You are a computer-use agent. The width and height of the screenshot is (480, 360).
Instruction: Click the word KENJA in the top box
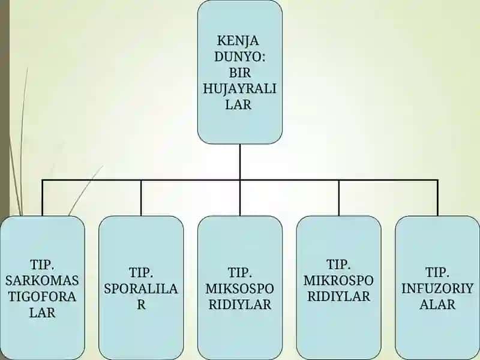(x=238, y=41)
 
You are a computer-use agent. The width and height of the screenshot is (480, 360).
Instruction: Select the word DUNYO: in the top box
(x=239, y=56)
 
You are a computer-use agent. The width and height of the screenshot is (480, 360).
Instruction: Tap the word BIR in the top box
(x=239, y=73)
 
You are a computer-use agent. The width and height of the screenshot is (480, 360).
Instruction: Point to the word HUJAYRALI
(x=239, y=89)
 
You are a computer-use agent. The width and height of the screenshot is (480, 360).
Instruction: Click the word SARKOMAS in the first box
(x=42, y=280)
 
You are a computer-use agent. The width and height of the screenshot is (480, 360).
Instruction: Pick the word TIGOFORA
(x=42, y=296)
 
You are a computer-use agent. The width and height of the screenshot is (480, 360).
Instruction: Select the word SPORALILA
(x=141, y=289)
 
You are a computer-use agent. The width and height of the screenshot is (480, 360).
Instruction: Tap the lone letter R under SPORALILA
(x=141, y=305)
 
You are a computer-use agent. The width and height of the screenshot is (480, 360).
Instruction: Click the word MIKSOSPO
(x=239, y=289)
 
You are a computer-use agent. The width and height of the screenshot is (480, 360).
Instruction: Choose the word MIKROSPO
(x=338, y=280)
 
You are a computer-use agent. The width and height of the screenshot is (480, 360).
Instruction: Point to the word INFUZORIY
(x=437, y=289)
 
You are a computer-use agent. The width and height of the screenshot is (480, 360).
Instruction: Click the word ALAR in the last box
(x=437, y=305)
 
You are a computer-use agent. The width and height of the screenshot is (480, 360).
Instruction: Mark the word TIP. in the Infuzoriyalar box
(x=437, y=272)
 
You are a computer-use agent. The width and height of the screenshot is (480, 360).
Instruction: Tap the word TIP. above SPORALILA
(x=141, y=272)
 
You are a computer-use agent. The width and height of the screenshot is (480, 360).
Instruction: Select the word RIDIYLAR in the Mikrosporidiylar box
(x=338, y=296)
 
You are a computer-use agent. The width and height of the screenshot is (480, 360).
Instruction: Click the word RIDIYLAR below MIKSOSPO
(x=239, y=305)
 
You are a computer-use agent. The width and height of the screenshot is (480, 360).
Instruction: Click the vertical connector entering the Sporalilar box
(x=141, y=198)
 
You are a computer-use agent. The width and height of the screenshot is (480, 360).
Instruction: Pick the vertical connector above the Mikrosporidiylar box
(x=339, y=198)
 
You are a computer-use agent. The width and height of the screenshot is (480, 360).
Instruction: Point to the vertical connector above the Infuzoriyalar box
(x=438, y=198)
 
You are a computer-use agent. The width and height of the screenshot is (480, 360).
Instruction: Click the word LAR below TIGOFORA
(x=42, y=313)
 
